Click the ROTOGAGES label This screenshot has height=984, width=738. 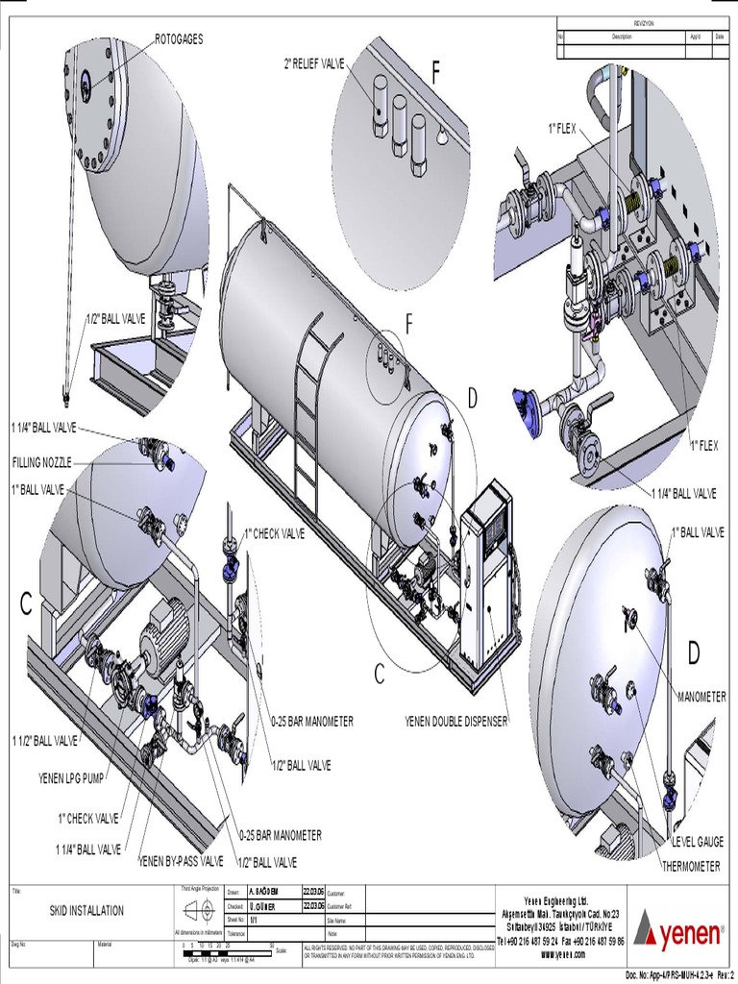[x=179, y=38]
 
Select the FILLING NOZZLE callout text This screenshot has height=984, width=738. [x=41, y=461]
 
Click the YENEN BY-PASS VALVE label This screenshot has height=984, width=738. [x=181, y=861]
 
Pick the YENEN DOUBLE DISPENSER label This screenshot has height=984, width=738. [x=457, y=721]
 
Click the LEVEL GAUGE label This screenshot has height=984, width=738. [x=697, y=842]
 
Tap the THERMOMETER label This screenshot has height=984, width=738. [x=690, y=866]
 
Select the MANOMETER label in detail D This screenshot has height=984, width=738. [x=701, y=697]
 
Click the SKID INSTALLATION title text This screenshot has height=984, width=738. [x=86, y=910]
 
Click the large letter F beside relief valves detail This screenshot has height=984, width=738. [x=437, y=74]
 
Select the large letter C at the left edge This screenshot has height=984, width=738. [x=26, y=604]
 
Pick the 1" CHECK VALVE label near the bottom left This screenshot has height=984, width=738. [x=86, y=819]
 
